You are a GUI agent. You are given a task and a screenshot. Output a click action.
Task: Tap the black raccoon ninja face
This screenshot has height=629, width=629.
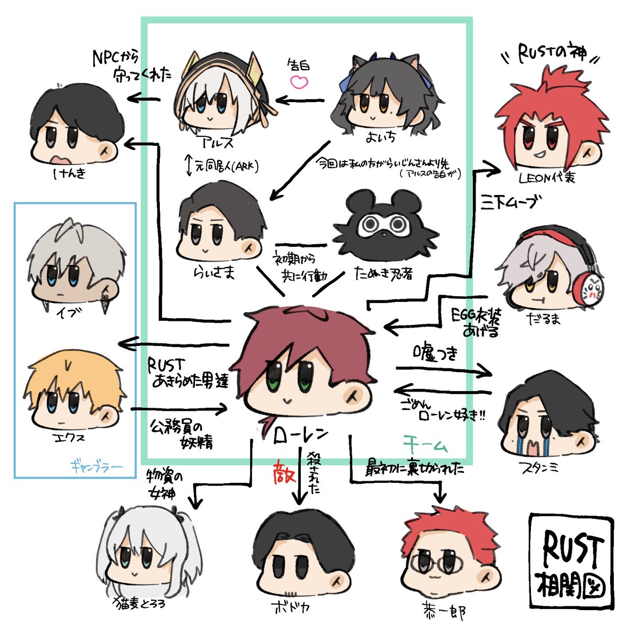pyautogui.click(x=385, y=225)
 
